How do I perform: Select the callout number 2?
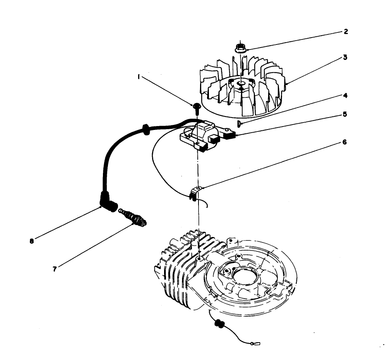coord(346,32)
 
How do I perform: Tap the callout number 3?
coord(345,58)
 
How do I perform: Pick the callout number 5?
coord(345,114)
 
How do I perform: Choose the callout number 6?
coord(345,142)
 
